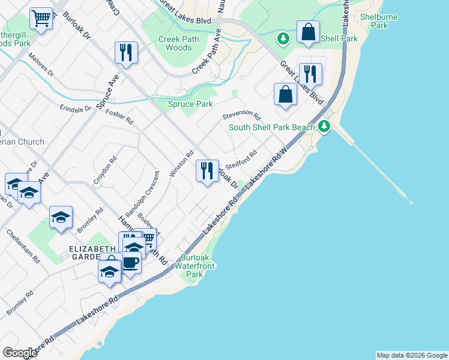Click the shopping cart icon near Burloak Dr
pyautogui.click(x=41, y=19)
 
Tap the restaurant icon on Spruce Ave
pyautogui.click(x=127, y=53)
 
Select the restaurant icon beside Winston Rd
pyautogui.click(x=207, y=171)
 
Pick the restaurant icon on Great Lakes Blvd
pyautogui.click(x=310, y=74)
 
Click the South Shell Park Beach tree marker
pyautogui.click(x=325, y=126)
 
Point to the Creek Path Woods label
pyautogui.click(x=179, y=44)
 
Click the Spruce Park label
pyautogui.click(x=190, y=104)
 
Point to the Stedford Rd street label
pyautogui.click(x=242, y=158)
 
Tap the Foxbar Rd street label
pyautogui.click(x=119, y=116)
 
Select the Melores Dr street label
pyautogui.click(x=41, y=65)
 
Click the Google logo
pyautogui.click(x=19, y=353)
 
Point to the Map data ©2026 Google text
pyautogui.click(x=412, y=355)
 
